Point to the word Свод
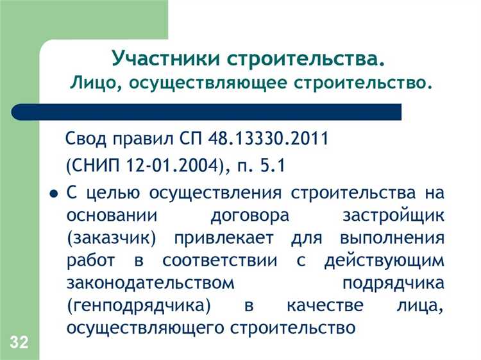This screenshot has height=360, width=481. click(x=87, y=139)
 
